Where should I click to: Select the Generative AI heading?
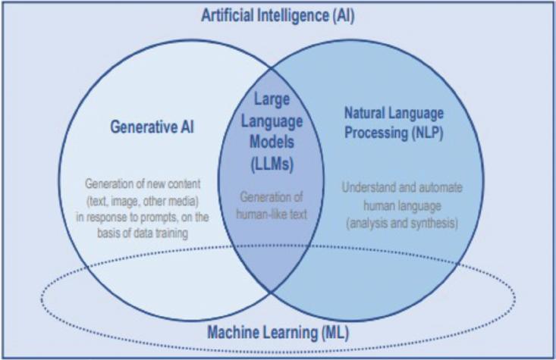click(x=152, y=127)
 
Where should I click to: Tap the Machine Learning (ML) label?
click(x=278, y=332)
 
